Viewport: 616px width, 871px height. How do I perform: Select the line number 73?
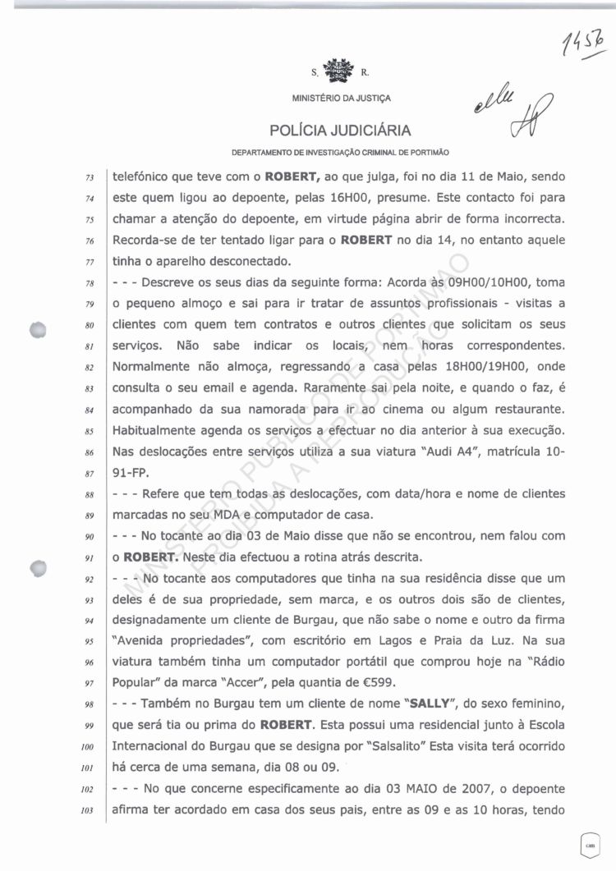[x=92, y=176]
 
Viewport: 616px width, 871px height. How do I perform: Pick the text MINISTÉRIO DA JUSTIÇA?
[x=341, y=99]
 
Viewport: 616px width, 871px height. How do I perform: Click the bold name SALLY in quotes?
[x=414, y=704]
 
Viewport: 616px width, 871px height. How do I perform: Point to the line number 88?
[x=92, y=494]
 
